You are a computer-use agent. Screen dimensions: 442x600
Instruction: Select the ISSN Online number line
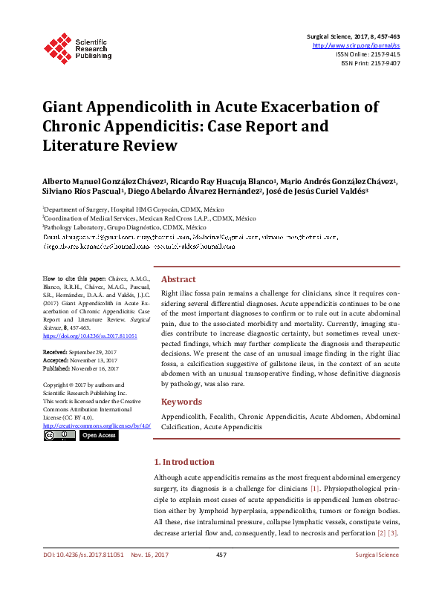pyautogui.click(x=368, y=54)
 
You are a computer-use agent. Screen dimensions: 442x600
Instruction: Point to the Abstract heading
pyautogui.click(x=178, y=278)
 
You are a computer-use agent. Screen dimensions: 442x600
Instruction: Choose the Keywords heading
pyautogui.click(x=182, y=402)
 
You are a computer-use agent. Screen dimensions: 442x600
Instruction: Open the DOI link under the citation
pyautogui.click(x=90, y=336)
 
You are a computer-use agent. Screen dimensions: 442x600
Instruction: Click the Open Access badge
pyautogui.click(x=98, y=435)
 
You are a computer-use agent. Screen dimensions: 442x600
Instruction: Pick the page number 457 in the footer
pyautogui.click(x=221, y=555)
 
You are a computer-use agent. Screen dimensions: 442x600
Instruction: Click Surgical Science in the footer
pyautogui.click(x=377, y=555)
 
